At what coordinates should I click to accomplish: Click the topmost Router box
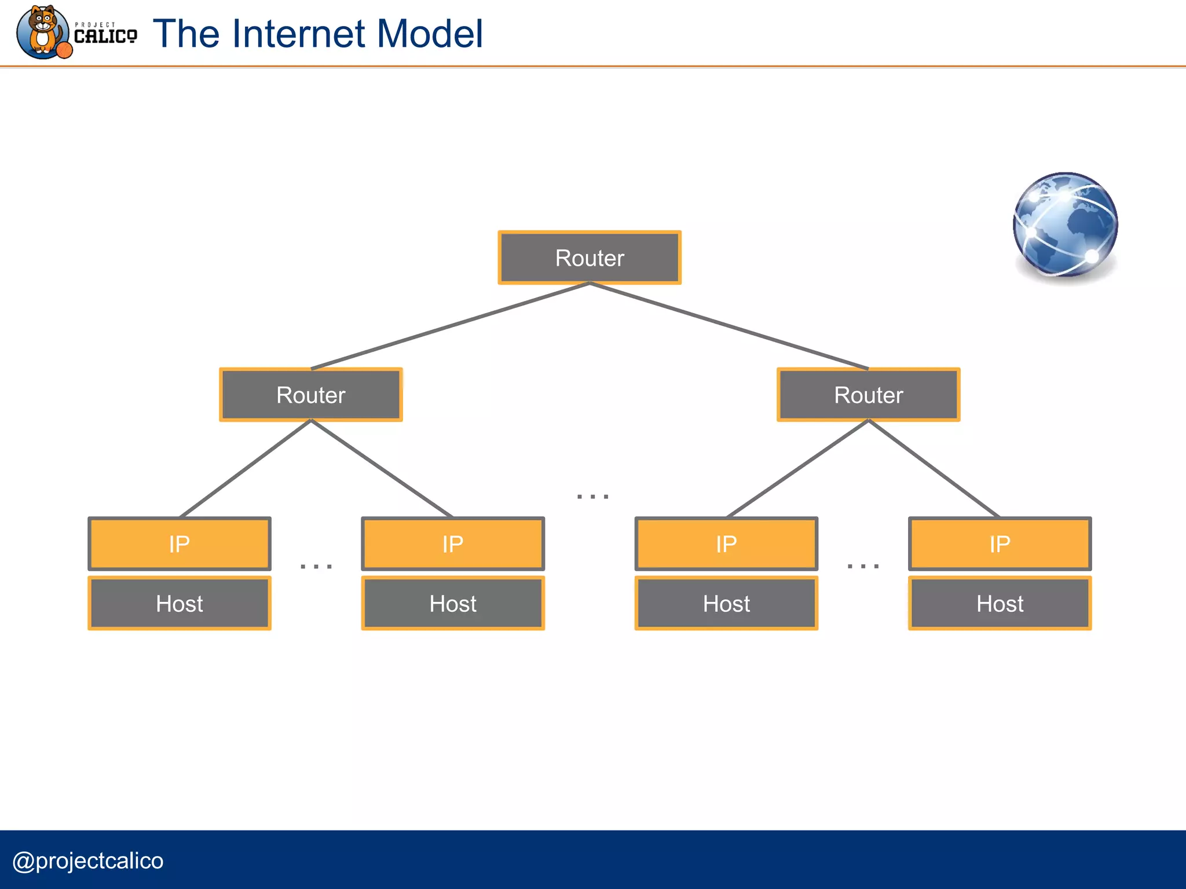[x=590, y=258]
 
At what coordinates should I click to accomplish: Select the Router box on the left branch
[x=311, y=395]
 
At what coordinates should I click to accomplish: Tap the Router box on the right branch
[x=868, y=395]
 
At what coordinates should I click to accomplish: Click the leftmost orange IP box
[x=180, y=544]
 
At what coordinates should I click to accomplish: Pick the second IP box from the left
[x=453, y=544]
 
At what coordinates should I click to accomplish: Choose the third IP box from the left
[x=726, y=544]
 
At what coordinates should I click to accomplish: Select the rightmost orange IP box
[x=1000, y=544]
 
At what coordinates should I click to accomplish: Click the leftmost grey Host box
[x=180, y=604]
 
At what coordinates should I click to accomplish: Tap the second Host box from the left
[x=453, y=604]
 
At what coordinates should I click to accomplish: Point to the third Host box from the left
[x=726, y=604]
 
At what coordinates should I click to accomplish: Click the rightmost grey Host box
[x=1000, y=604]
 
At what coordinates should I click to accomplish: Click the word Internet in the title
[x=299, y=34]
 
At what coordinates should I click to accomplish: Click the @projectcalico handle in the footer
[x=88, y=861]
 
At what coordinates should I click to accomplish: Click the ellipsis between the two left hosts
[x=316, y=566]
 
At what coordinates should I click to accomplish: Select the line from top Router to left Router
[x=450, y=326]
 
